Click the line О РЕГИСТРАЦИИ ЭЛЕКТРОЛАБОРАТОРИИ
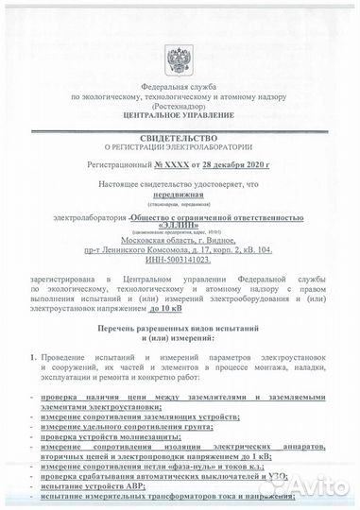point(180,147)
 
